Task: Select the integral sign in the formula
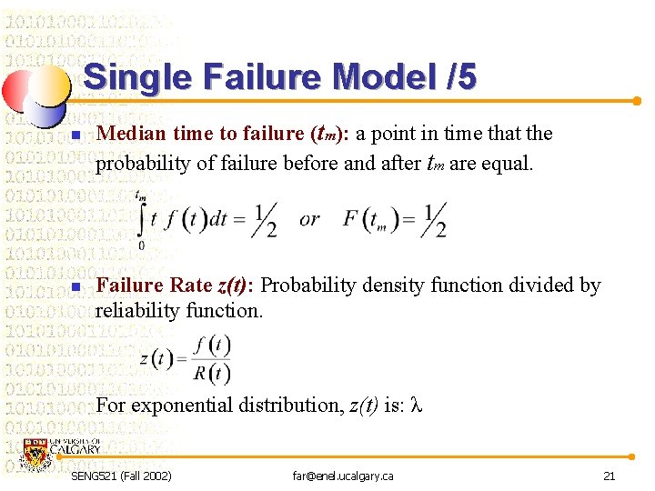(141, 219)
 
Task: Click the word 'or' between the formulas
(309, 219)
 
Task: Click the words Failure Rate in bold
(154, 286)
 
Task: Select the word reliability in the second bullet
(138, 311)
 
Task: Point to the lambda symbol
(418, 406)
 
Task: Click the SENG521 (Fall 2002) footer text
(122, 476)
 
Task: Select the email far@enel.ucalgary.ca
(342, 476)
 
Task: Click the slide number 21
(610, 476)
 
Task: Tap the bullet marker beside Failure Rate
(76, 288)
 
